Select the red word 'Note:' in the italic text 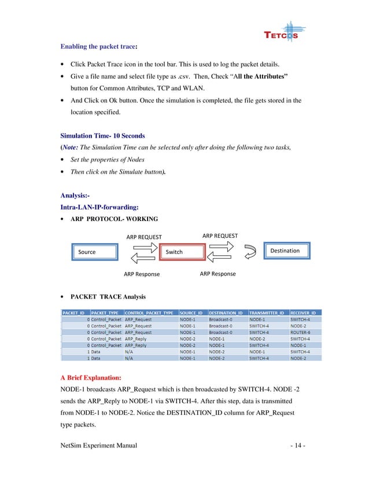(72, 148)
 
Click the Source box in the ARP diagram (87, 252)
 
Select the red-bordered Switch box (175, 252)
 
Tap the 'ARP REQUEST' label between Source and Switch (144, 237)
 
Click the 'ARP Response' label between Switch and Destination (217, 274)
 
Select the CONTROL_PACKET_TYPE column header (149, 312)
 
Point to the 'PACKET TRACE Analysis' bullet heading (108, 297)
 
